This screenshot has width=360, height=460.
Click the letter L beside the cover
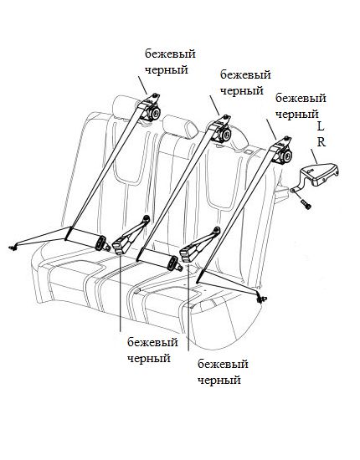(321, 126)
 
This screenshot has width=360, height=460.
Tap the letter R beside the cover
(321, 142)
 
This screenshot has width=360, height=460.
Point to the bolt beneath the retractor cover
(306, 204)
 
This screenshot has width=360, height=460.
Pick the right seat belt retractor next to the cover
(282, 152)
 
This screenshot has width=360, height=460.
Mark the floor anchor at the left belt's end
(13, 247)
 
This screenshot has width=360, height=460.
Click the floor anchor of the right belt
(261, 299)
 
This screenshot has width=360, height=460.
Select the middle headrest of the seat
(180, 126)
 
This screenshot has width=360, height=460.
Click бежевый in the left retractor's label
(170, 54)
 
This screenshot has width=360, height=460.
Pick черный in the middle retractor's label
(242, 90)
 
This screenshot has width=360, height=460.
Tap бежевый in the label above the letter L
(301, 99)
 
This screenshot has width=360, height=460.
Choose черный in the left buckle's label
(149, 358)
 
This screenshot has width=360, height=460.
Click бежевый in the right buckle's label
(223, 365)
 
